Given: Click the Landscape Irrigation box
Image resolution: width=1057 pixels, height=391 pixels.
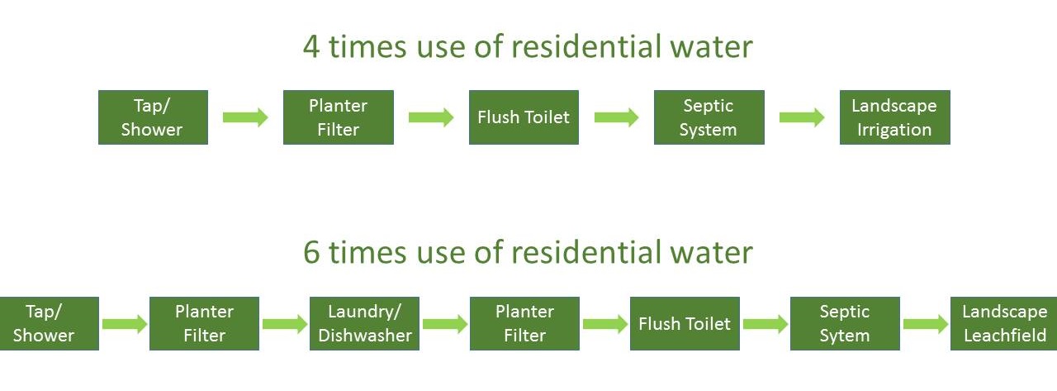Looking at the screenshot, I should (x=894, y=117).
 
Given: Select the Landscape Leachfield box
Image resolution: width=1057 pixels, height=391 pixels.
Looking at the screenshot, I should (x=1003, y=323).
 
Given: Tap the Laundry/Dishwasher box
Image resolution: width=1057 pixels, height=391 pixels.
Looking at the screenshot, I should (x=364, y=323).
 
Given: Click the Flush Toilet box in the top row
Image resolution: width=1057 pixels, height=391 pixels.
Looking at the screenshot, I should (x=524, y=117).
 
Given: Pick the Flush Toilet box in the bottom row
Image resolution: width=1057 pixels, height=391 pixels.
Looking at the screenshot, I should (x=684, y=323).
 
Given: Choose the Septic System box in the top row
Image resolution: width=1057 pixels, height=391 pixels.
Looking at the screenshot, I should (x=709, y=117).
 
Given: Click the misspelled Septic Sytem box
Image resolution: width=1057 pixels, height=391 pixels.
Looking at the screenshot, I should (x=844, y=323).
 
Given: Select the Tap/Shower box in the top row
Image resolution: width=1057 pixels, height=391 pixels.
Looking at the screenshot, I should (x=153, y=117).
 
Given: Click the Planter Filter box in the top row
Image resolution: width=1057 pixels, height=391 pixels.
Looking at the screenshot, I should (x=338, y=117).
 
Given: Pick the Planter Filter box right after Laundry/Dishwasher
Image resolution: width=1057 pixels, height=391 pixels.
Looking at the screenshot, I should (x=524, y=323).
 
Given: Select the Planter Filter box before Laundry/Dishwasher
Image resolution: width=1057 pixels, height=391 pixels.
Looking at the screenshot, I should (x=204, y=323).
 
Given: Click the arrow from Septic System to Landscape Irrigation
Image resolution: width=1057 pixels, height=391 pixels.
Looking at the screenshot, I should (x=802, y=117).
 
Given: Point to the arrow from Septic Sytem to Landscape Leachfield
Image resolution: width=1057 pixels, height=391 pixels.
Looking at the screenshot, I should (x=925, y=324).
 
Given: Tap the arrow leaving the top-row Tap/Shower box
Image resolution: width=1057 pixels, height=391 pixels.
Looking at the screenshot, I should (x=245, y=117).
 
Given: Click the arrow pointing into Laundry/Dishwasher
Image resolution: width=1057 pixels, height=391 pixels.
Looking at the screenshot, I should (x=284, y=324).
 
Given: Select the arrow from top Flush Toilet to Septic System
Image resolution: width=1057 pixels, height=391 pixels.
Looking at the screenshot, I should (x=616, y=117).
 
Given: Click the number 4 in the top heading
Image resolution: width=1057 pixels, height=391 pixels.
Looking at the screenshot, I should (x=312, y=47).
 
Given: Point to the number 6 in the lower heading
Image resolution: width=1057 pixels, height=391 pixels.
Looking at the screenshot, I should (x=313, y=253).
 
